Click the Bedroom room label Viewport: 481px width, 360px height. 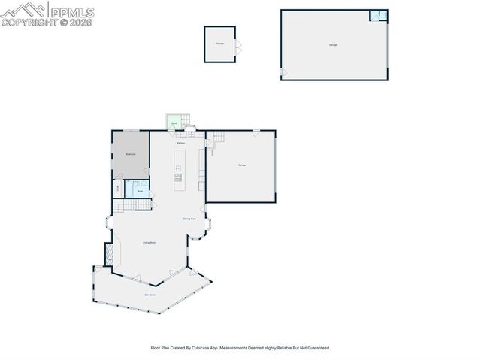coord(130,153)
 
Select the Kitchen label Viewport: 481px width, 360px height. coord(180,143)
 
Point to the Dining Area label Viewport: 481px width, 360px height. coord(189,219)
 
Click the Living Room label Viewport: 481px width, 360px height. coord(150,242)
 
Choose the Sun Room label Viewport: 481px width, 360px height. coord(150,295)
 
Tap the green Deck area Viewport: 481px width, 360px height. coord(174,122)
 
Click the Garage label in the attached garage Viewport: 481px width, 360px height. coord(242,165)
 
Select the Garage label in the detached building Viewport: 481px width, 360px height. coord(333,45)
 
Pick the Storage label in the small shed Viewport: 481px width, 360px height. coord(219,44)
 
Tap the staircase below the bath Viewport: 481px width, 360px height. coord(132,205)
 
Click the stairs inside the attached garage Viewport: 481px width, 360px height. coord(219,137)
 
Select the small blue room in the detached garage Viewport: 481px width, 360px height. coord(378,15)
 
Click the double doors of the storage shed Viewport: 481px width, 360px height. coord(237,45)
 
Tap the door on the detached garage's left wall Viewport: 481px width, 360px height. coord(283,72)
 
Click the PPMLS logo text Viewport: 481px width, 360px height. coord(71,11)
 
